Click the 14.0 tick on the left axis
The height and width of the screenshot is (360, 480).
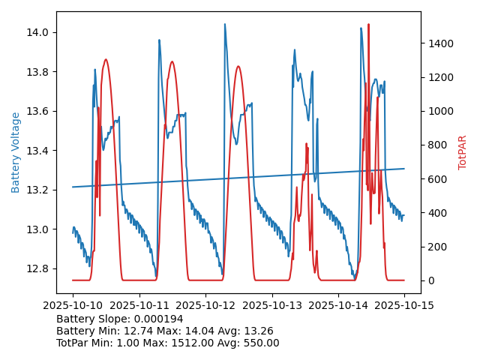point(38,32)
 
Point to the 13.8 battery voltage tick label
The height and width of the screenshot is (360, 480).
point(38,72)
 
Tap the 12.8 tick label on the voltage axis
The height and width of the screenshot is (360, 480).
point(38,268)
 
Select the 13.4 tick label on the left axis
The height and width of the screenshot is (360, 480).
point(38,151)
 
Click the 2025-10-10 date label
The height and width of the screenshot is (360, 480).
point(73,306)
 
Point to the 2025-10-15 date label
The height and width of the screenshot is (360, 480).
point(404,306)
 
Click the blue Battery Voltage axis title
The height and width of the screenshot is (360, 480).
point(16,152)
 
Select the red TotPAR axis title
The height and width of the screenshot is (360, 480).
point(463,152)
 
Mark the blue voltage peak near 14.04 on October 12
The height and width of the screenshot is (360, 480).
point(224,25)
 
